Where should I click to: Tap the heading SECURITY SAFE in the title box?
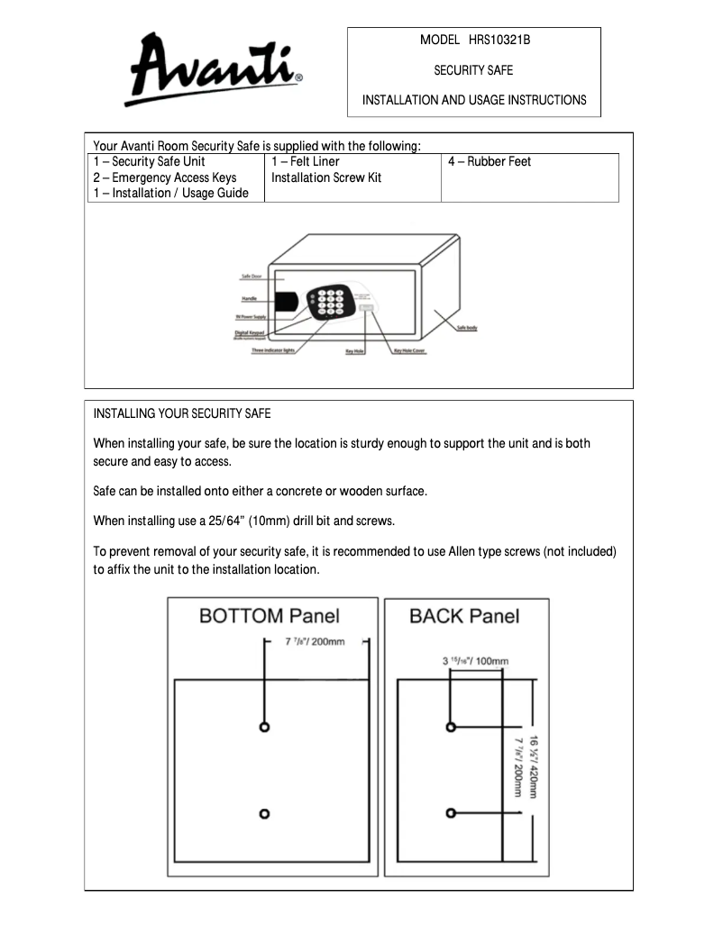(473, 70)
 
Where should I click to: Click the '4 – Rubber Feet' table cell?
(490, 162)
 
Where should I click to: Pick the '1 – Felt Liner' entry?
(305, 162)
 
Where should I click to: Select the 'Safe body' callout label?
(467, 329)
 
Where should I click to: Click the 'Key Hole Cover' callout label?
(409, 351)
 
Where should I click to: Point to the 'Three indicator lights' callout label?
(273, 350)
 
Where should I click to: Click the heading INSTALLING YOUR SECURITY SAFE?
(182, 414)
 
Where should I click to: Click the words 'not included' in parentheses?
(581, 551)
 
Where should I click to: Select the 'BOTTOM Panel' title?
(269, 616)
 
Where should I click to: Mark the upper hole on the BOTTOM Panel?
(264, 727)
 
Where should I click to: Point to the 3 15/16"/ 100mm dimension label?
(475, 660)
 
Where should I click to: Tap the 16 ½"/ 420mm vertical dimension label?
(535, 766)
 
